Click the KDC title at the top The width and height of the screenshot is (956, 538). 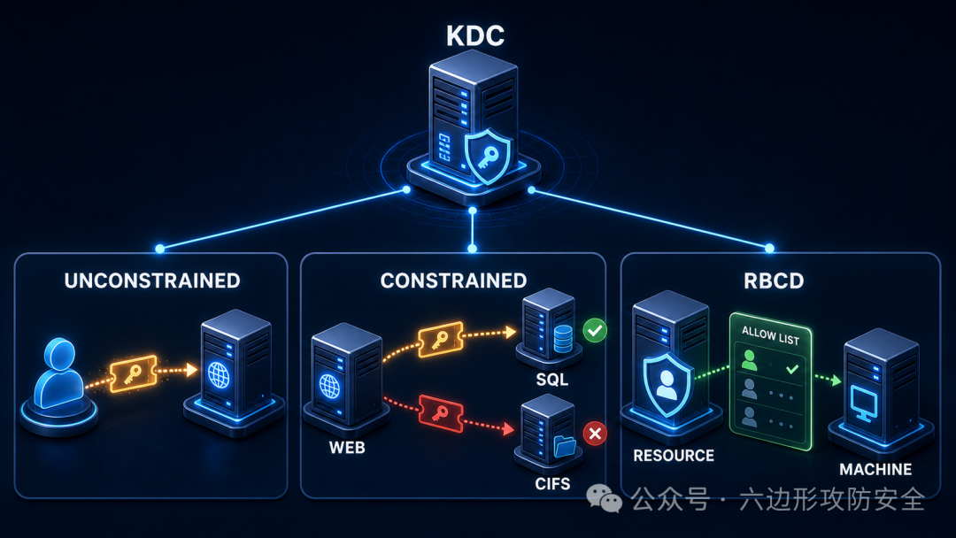(x=475, y=35)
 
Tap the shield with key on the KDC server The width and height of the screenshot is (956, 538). (x=488, y=156)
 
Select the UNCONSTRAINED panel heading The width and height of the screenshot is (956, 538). (x=152, y=281)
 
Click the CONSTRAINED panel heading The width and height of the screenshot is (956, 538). (x=453, y=281)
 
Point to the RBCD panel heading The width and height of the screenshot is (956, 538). (x=774, y=281)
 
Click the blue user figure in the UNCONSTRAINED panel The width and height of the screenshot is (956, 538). (x=58, y=373)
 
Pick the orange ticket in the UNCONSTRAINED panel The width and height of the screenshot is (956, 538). (x=134, y=373)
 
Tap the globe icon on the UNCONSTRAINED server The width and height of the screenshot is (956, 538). (x=219, y=375)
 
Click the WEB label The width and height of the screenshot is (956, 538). (x=347, y=448)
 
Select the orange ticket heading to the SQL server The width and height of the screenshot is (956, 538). (x=440, y=340)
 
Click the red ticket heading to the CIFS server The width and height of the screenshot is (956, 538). (x=441, y=413)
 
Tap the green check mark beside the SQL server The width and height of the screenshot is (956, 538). (x=595, y=330)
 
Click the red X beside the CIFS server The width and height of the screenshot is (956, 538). (x=595, y=434)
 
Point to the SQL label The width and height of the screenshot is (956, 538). (x=551, y=380)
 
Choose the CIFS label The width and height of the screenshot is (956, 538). (x=552, y=484)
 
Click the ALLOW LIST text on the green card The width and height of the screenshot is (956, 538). (x=770, y=335)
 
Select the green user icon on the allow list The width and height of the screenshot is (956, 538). (x=750, y=360)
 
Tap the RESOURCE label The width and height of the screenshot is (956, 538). (x=674, y=456)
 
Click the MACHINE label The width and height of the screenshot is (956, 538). (x=875, y=469)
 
